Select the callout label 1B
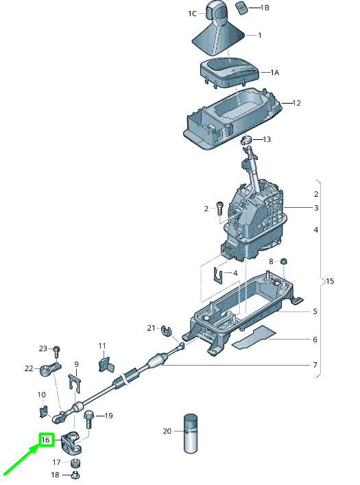265,8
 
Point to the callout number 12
296,103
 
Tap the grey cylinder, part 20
190,434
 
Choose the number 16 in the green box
46,440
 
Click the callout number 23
43,348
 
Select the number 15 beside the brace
329,281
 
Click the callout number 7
315,364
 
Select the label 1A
274,72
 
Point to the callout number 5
315,311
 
